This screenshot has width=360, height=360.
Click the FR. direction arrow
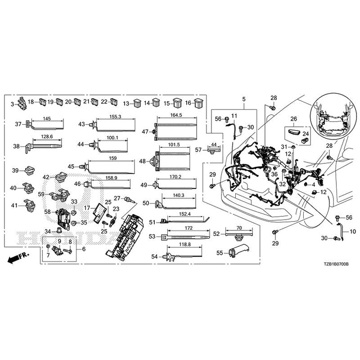[x=17, y=258]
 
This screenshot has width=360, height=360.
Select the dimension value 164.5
[x=176, y=115]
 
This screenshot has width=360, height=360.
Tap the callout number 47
[x=145, y=132]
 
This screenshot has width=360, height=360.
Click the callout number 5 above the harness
[x=243, y=99]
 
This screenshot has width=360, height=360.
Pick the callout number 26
[x=293, y=119]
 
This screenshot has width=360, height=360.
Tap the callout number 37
[x=18, y=124]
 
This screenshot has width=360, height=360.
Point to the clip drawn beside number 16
[x=199, y=103]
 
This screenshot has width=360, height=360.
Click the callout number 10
[x=352, y=232]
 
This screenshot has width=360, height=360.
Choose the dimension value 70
[x=239, y=228]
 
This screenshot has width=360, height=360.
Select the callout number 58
[x=47, y=211]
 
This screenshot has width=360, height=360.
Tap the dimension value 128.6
[x=47, y=136]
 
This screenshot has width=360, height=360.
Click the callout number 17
[x=87, y=208]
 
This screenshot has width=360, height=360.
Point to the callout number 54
[x=155, y=256]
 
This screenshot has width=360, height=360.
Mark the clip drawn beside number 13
[x=137, y=103]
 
